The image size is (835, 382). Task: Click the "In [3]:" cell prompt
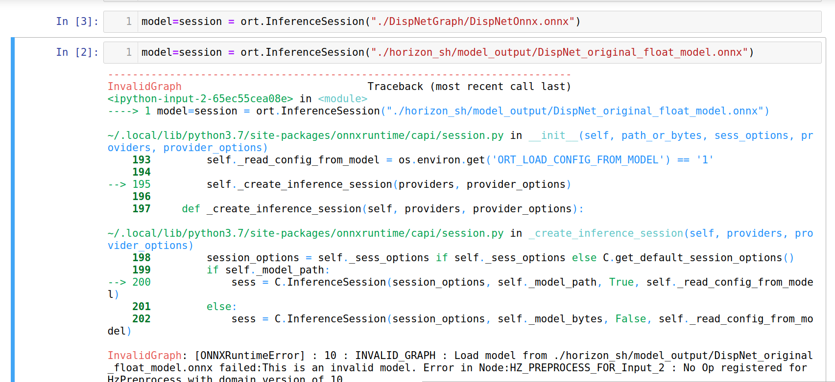click(x=77, y=22)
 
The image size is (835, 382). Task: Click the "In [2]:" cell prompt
click(x=77, y=52)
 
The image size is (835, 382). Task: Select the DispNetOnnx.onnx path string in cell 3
click(x=473, y=22)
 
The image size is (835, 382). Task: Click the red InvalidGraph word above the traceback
click(x=144, y=87)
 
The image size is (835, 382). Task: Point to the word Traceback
click(x=395, y=87)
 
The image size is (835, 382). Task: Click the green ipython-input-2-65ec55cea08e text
click(x=200, y=99)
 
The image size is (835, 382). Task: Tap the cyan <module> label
click(x=342, y=99)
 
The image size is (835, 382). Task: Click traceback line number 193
click(x=142, y=160)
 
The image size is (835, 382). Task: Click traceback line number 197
click(x=142, y=209)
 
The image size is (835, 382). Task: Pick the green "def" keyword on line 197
click(x=191, y=209)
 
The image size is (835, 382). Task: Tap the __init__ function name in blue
click(x=553, y=135)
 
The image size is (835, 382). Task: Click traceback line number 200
click(x=142, y=282)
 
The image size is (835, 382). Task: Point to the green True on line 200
click(x=621, y=282)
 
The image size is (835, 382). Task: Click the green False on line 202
click(x=631, y=319)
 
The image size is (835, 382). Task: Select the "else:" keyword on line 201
click(x=221, y=307)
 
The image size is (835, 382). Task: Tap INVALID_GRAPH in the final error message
click(x=395, y=356)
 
